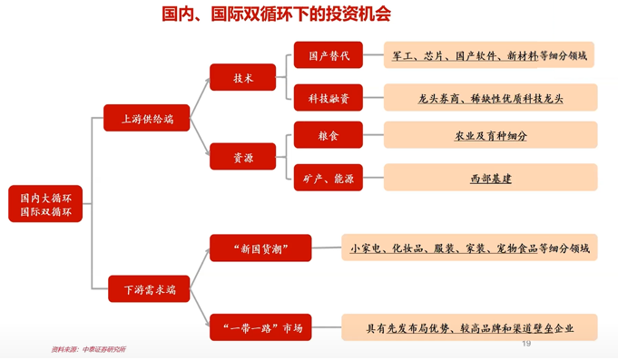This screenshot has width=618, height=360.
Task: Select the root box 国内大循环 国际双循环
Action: [45, 203]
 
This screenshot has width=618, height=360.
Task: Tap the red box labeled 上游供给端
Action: [148, 119]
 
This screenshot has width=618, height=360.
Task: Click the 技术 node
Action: [242, 78]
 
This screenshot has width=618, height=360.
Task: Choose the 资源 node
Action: [242, 157]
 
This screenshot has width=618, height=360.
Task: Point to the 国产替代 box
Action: [328, 55]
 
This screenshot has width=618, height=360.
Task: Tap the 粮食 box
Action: [328, 136]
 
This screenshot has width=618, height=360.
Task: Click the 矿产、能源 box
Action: [328, 179]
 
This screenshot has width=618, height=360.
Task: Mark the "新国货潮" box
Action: [260, 248]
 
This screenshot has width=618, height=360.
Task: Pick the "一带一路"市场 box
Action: [260, 327]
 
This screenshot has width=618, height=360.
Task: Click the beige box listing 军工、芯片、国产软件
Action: [489, 55]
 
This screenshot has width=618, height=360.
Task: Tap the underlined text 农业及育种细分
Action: [490, 136]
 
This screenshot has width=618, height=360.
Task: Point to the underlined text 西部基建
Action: [490, 179]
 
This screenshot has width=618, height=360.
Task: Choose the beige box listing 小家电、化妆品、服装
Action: [469, 248]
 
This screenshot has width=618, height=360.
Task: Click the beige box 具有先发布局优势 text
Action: [469, 327]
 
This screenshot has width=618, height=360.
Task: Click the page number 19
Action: [525, 345]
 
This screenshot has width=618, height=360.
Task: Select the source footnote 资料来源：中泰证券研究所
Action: [88, 350]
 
